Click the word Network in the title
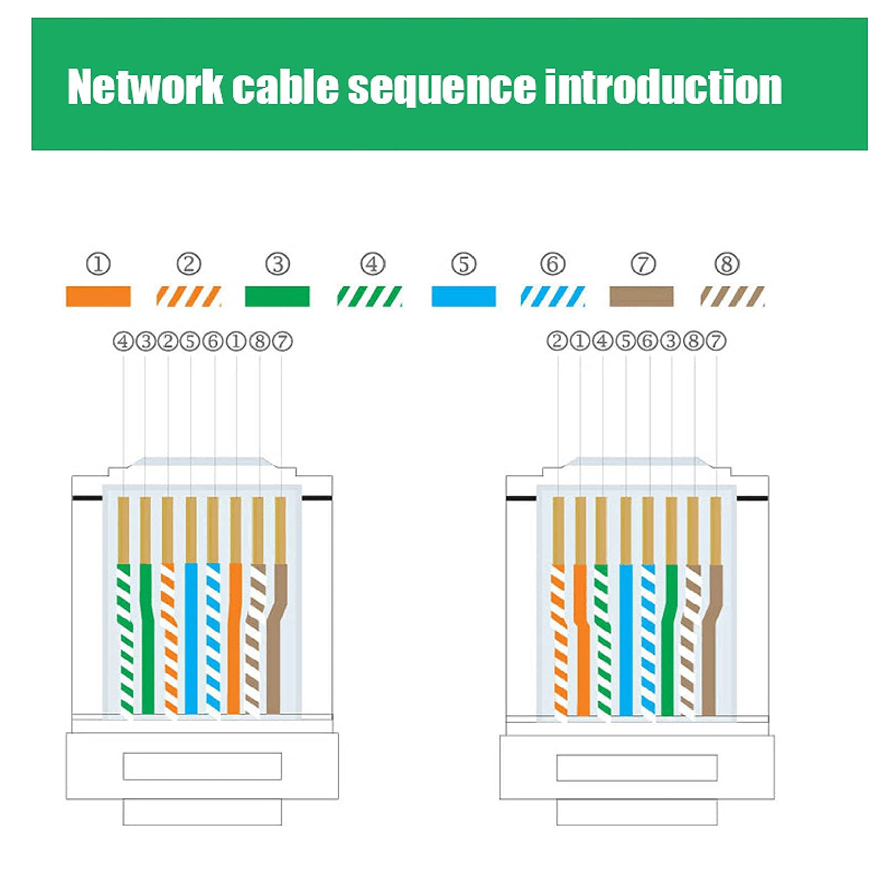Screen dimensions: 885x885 [145, 87]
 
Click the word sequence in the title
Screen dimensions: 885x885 [441, 87]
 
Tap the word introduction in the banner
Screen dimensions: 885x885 [663, 87]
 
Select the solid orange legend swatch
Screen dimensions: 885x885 [98, 296]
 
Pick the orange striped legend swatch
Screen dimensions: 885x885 [189, 296]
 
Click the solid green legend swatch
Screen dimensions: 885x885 [277, 296]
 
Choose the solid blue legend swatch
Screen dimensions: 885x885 [464, 296]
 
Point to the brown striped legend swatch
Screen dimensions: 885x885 [732, 296]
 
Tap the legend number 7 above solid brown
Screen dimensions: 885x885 [643, 264]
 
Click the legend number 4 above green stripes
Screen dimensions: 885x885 [372, 264]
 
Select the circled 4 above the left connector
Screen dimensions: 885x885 [123, 341]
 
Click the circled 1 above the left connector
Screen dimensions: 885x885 [236, 341]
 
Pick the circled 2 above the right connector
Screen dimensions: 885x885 [557, 341]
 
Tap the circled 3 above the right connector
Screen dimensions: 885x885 [670, 341]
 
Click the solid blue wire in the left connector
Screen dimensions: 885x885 [191, 636]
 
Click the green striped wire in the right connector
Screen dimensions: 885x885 [603, 636]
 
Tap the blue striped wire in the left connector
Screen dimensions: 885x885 [213, 636]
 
